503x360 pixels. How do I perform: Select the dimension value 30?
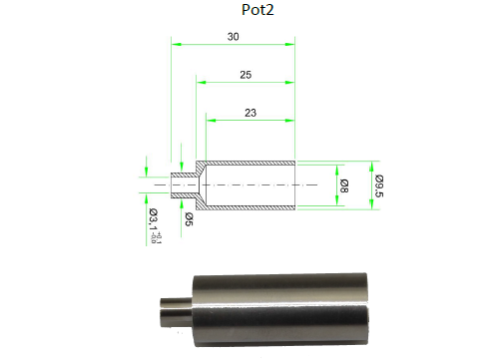(233, 36)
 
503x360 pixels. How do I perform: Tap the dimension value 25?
(245, 75)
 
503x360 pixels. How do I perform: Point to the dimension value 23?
(250, 112)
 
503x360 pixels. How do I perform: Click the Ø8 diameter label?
(343, 184)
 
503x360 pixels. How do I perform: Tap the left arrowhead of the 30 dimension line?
(175, 44)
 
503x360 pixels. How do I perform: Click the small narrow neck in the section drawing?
(182, 185)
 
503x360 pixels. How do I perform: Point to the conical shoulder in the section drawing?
(200, 185)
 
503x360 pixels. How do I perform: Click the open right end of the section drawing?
(295, 185)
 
